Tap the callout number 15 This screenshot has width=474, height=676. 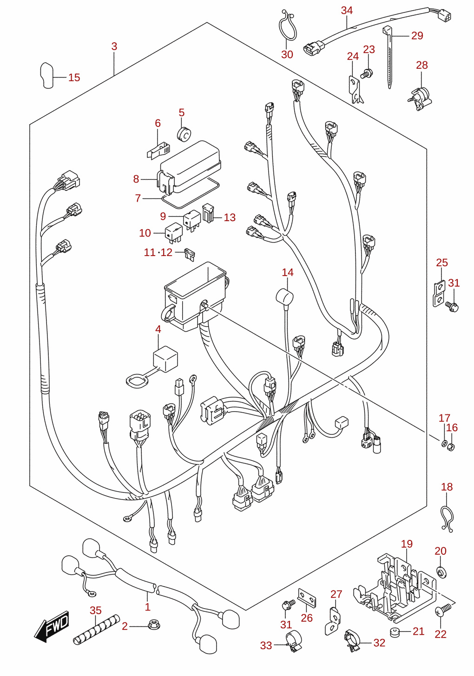click(74, 78)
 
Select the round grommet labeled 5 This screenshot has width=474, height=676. click(184, 134)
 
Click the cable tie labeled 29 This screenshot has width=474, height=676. click(388, 57)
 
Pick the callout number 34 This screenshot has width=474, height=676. click(347, 11)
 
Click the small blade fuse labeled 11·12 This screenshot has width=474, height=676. click(190, 254)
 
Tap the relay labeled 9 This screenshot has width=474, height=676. click(192, 220)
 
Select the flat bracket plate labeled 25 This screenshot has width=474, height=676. click(439, 294)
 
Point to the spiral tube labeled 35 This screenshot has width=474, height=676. click(96, 630)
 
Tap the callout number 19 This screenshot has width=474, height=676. click(407, 544)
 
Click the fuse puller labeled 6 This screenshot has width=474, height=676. click(158, 150)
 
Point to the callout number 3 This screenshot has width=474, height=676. click(114, 46)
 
